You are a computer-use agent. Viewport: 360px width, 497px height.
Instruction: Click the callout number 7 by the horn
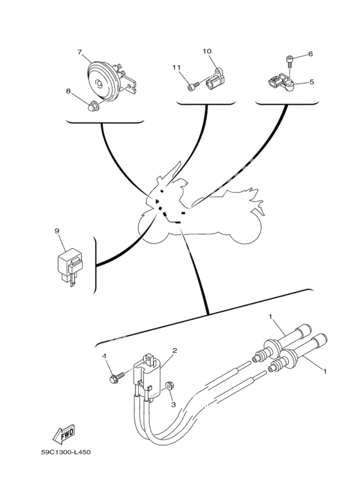click(80, 52)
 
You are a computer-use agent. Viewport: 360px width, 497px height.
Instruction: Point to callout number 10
click(207, 51)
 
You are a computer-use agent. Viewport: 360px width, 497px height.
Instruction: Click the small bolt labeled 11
click(193, 86)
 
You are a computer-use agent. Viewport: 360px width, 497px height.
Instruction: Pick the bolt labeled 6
click(290, 60)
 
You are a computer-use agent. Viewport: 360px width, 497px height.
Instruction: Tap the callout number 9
click(57, 231)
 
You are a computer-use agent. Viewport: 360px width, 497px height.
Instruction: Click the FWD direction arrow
click(64, 433)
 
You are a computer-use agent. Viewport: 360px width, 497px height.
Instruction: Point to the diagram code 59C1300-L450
click(66, 452)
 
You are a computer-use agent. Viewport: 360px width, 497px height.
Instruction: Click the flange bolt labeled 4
click(116, 377)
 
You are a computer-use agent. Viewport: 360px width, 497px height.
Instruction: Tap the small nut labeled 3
click(168, 385)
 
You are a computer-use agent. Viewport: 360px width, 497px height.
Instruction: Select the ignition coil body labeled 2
click(150, 377)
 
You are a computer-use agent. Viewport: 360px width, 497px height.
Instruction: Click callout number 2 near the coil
click(174, 350)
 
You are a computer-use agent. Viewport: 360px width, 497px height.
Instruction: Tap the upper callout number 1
click(270, 316)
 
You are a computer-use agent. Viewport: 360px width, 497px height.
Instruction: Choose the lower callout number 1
click(325, 370)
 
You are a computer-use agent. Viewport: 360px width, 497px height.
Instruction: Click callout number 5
click(312, 82)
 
